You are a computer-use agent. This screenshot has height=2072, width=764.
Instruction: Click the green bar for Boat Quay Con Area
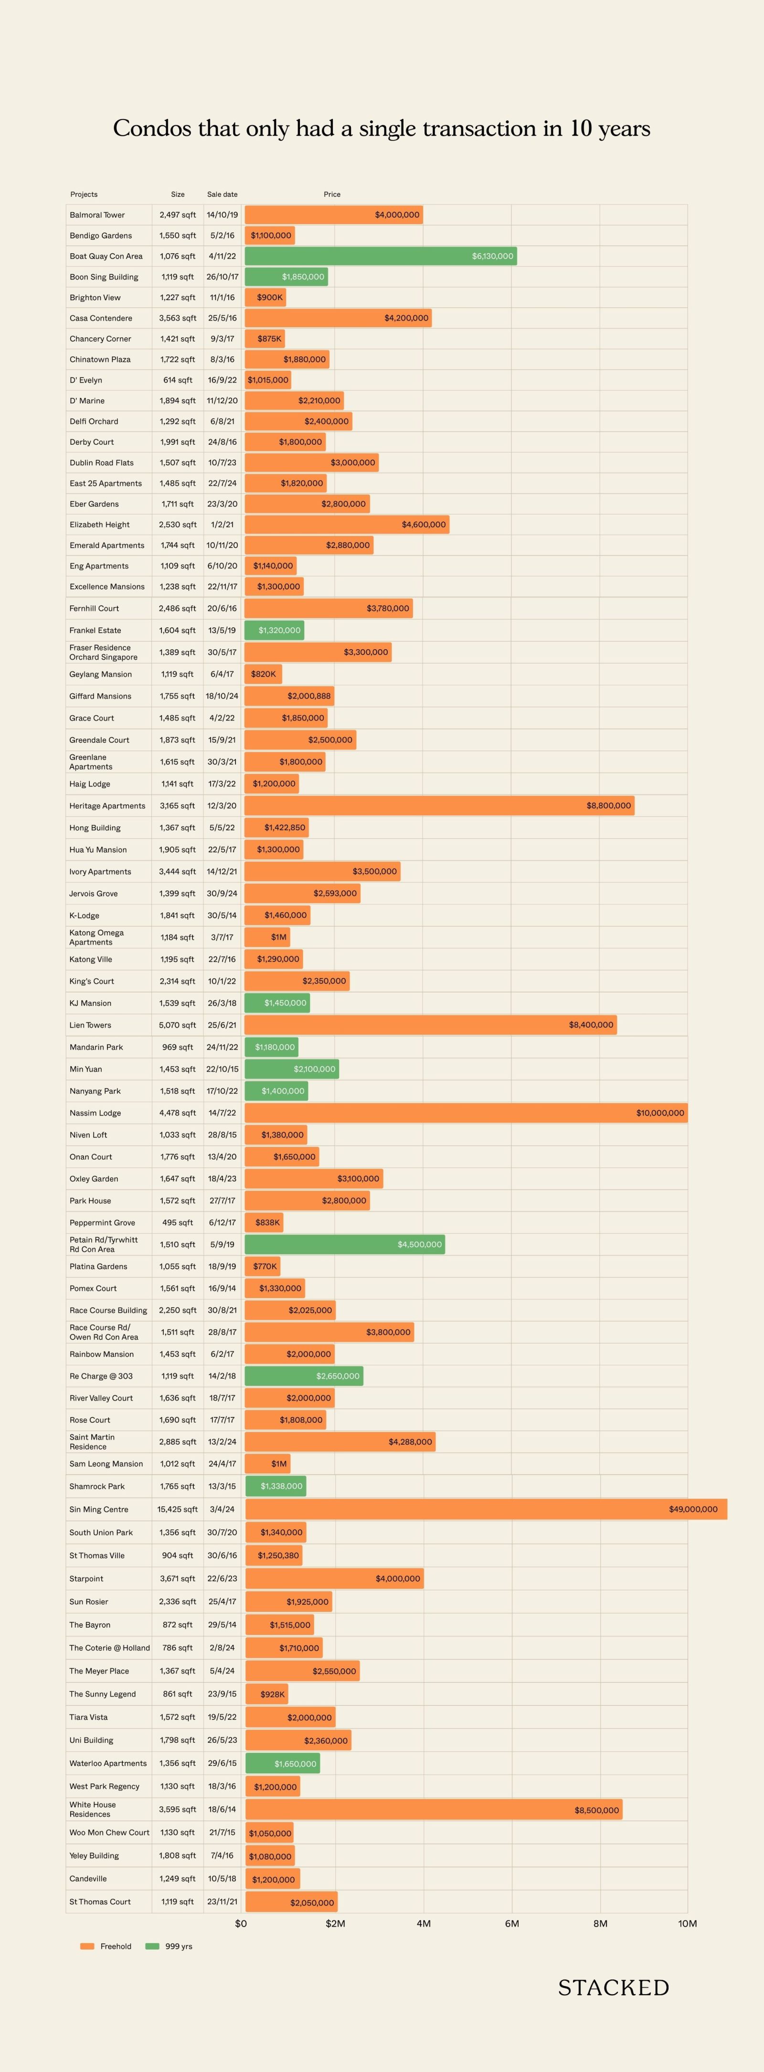tap(381, 256)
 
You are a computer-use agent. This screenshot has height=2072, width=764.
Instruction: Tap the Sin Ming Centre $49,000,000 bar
tap(486, 1509)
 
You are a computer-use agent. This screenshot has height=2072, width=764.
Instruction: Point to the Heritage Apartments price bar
tap(439, 805)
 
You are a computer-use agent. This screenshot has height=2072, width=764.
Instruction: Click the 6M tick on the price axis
tap(511, 1923)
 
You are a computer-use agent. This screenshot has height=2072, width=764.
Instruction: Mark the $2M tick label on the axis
tap(335, 1923)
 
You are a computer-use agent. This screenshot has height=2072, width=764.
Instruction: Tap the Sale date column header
tap(222, 194)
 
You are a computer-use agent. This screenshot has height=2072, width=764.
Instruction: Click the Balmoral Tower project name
tap(97, 215)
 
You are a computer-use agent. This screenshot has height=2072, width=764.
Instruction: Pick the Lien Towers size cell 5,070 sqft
tap(177, 1025)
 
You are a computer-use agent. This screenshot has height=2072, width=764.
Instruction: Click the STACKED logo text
tap(614, 1987)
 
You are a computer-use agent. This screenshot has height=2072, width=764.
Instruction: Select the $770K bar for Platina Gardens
tap(263, 1266)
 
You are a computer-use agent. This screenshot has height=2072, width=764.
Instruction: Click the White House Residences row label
tap(93, 1809)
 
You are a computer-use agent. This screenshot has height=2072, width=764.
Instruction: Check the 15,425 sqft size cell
tap(177, 1509)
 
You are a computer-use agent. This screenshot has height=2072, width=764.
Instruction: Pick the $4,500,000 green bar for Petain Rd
tap(344, 1245)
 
